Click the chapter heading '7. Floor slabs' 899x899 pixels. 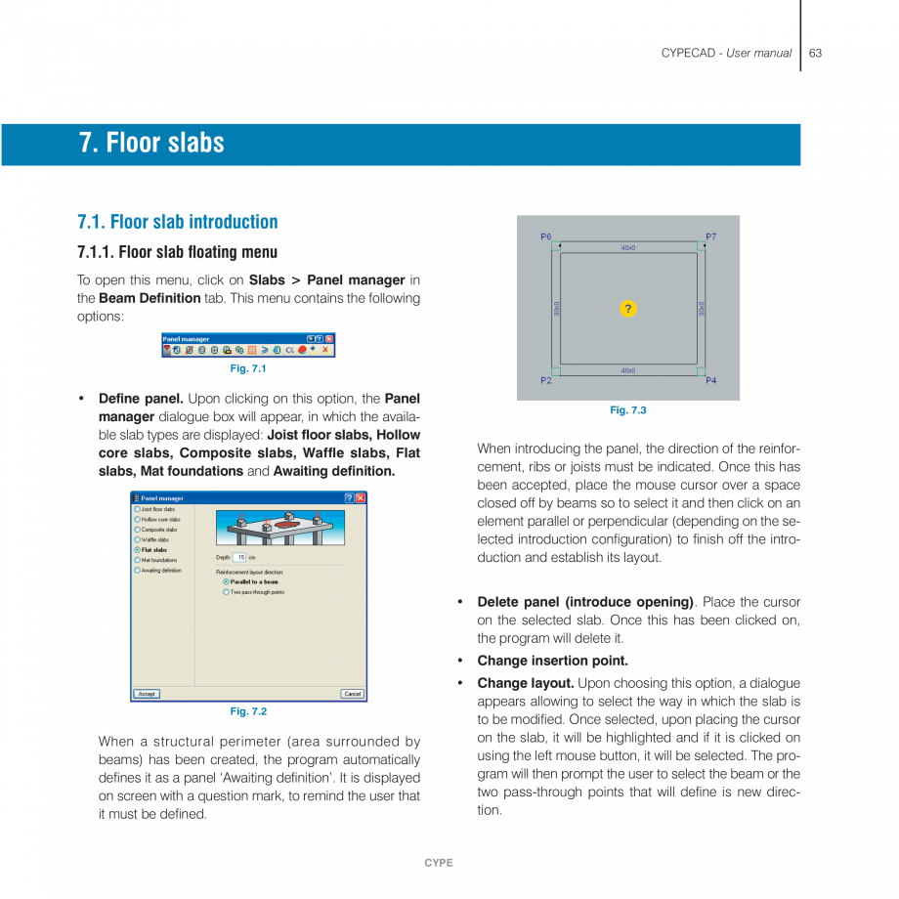click(151, 144)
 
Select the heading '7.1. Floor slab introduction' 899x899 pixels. click(177, 222)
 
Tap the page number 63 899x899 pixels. click(815, 53)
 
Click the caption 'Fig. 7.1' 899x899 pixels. click(248, 368)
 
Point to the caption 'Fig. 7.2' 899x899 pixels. click(248, 711)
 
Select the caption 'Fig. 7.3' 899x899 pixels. click(627, 410)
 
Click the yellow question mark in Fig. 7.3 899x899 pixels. click(627, 309)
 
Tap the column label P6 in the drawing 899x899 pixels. click(545, 237)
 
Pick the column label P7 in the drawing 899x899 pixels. click(710, 237)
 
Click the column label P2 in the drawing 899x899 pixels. click(545, 380)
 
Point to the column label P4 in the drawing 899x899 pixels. click(710, 380)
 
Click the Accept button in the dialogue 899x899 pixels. click(147, 694)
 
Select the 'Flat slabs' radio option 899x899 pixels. click(138, 550)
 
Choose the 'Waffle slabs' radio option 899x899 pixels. click(138, 539)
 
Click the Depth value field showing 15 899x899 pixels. click(240, 557)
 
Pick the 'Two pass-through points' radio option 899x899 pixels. click(227, 592)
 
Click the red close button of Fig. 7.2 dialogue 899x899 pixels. click(360, 498)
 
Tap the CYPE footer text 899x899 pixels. click(439, 863)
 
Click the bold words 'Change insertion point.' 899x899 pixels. click(552, 661)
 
